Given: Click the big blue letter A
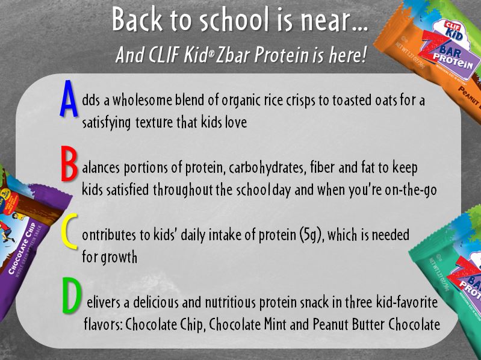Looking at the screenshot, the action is coord(69,99).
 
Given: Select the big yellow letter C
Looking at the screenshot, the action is coord(69,232).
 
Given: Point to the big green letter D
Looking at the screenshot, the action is coord(72,296).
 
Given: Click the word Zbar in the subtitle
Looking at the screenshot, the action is coord(233,55).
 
